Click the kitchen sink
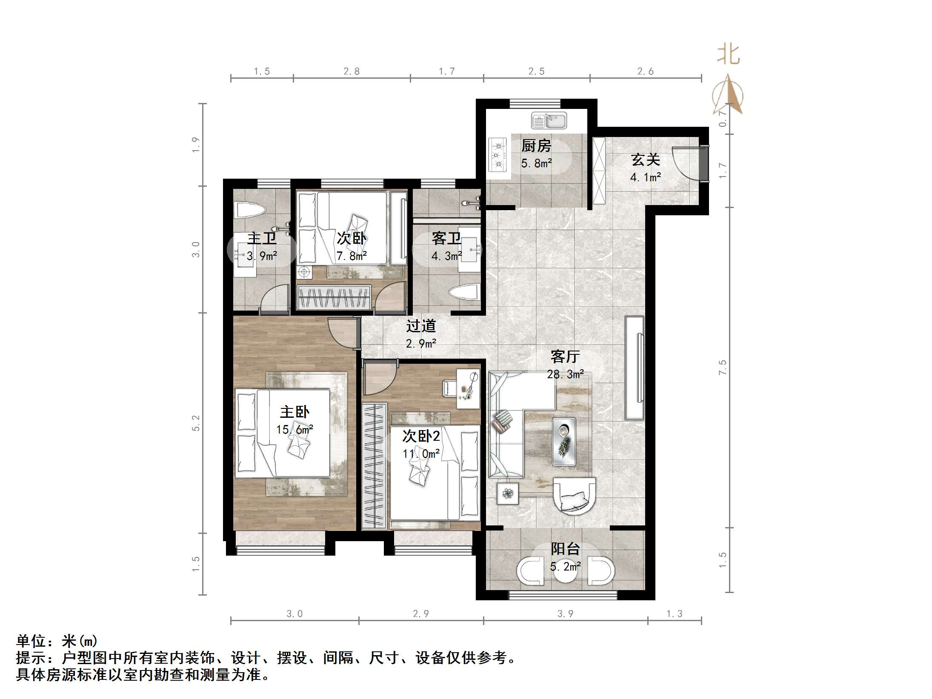549,121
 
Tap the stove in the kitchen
498,155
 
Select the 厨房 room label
536,146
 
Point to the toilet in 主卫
250,210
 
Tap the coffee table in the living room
564,441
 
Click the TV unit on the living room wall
634,368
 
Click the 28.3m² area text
565,374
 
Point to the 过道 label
421,326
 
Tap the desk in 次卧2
468,389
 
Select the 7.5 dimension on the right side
722,367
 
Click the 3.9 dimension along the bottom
565,613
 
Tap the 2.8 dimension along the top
352,71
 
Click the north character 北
728,55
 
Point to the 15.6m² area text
294,430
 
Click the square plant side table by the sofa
508,494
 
